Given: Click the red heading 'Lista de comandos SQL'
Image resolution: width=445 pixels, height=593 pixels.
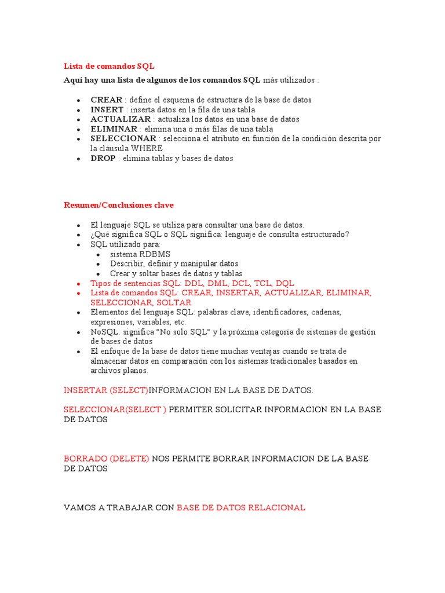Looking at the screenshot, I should point(108,66).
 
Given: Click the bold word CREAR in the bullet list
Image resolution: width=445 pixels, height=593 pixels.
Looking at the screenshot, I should point(107,100).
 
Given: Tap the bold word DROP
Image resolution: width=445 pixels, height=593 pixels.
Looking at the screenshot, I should point(103,158).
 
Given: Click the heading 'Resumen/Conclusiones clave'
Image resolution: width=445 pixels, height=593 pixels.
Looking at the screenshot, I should point(118,205).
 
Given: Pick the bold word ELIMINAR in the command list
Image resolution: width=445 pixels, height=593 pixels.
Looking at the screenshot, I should point(114,129).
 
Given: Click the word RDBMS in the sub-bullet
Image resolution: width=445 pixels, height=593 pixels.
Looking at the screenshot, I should point(155,254).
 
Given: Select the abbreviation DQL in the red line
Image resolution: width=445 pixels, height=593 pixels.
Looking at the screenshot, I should point(285,283).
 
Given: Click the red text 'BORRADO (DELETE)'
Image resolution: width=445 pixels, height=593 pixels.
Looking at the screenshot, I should point(106,458).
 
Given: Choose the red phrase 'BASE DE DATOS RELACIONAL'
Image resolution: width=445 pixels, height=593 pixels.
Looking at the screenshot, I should point(240,507).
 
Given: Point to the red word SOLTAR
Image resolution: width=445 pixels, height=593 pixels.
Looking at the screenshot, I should point(174,302).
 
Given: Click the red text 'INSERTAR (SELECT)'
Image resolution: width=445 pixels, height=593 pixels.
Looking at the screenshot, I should point(106,390).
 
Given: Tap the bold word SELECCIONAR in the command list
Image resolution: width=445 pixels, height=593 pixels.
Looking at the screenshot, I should point(123,139).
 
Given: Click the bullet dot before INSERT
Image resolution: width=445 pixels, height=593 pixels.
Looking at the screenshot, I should point(78,110).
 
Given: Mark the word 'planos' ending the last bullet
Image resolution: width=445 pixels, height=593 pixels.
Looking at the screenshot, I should point(136,371).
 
